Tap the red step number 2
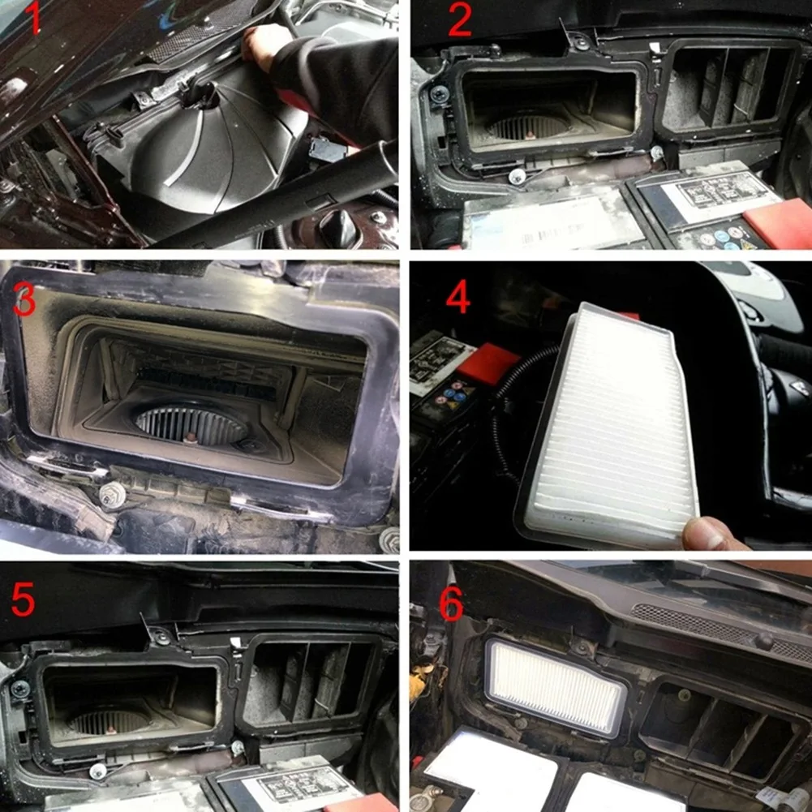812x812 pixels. pos(458,21)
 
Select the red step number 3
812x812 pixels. pos(24,302)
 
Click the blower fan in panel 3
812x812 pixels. pos(191,426)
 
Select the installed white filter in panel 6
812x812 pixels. pos(555,686)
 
